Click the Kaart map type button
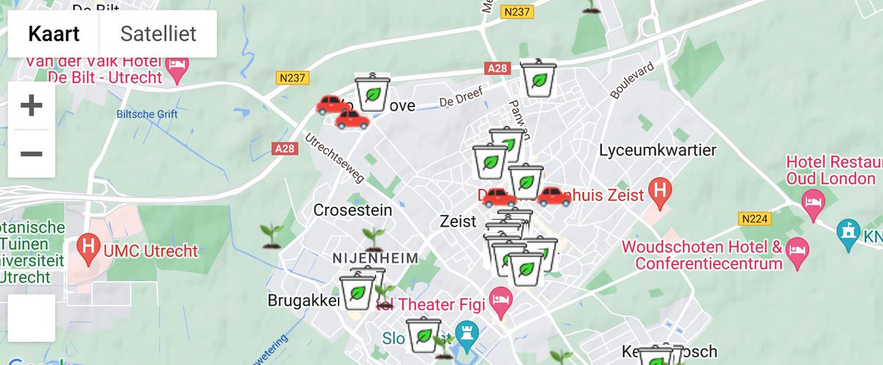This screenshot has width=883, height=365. coord(53,34)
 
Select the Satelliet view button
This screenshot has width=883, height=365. coord(158,34)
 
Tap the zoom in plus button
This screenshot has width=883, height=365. coord(31,106)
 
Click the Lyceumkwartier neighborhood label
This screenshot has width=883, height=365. coord(657,151)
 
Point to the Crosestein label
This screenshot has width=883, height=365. coord(352,210)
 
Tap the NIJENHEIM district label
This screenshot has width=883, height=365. coord(375,258)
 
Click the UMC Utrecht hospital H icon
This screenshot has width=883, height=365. coord(89,250)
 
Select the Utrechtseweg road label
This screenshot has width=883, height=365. coord(335,158)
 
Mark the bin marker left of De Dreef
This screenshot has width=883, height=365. coord(372,93)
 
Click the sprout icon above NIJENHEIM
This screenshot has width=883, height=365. coord(374,238)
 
